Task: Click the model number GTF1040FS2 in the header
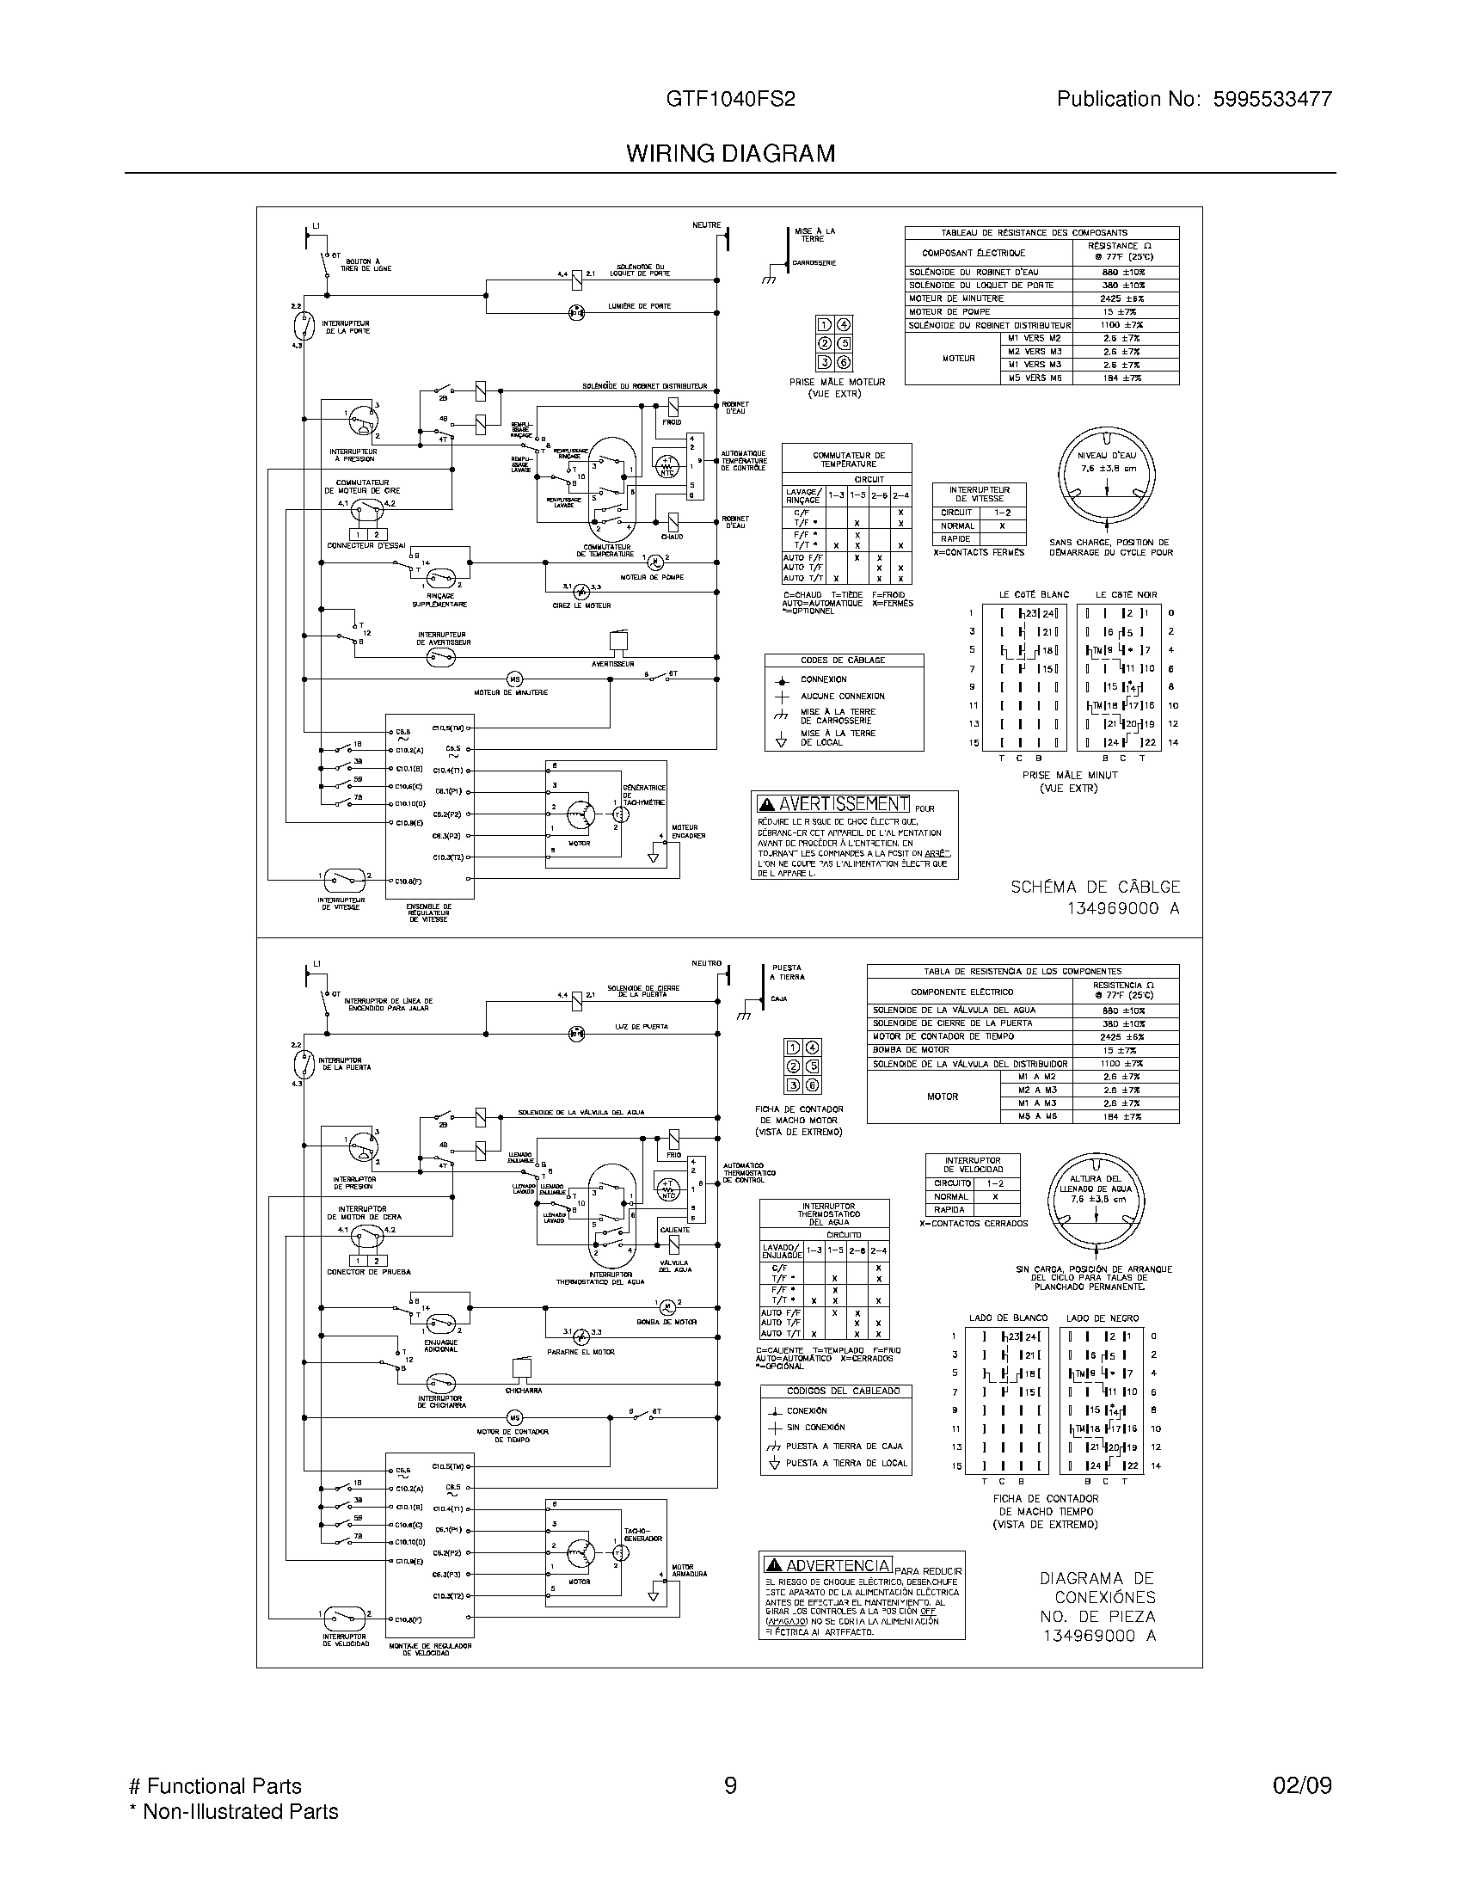[x=730, y=100]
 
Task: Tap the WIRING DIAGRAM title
[x=730, y=154]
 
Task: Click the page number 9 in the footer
[x=730, y=1785]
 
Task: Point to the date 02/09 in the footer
[x=1302, y=1785]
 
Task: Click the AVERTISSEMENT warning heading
[x=834, y=804]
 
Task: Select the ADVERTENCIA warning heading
[x=828, y=1564]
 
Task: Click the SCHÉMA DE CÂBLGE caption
[x=1095, y=888]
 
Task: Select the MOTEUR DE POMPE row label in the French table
[x=949, y=312]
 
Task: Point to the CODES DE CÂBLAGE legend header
[x=844, y=660]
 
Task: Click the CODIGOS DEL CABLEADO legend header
[x=836, y=1391]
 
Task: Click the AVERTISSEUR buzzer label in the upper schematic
[x=612, y=664]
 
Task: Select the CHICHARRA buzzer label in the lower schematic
[x=523, y=1391]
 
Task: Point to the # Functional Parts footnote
[x=215, y=1785]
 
